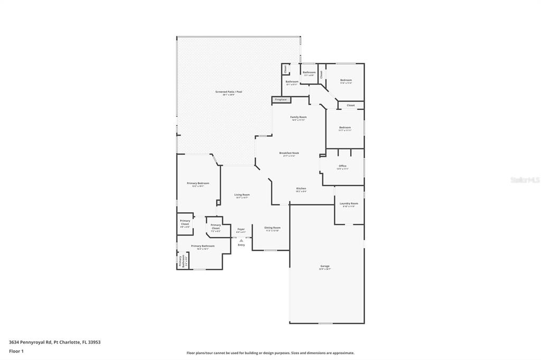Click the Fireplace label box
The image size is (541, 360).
click(x=281, y=99)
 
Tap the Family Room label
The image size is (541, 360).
click(x=299, y=117)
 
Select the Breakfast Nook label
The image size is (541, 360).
click(x=289, y=153)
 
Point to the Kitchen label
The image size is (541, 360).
click(x=301, y=189)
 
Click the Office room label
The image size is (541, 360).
click(x=342, y=166)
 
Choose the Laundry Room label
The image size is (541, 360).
click(x=349, y=204)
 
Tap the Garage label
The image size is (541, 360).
click(x=325, y=266)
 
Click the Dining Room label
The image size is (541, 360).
click(x=272, y=228)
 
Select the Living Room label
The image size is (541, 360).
click(x=242, y=195)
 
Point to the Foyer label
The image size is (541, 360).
click(x=241, y=230)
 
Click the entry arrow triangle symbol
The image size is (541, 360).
click(x=241, y=240)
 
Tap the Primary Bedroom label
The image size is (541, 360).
click(x=198, y=184)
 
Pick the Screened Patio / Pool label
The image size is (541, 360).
click(x=228, y=92)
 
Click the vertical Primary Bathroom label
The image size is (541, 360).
click(x=180, y=261)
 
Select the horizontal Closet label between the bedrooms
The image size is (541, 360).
click(x=351, y=106)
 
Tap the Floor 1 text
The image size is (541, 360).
click(x=16, y=351)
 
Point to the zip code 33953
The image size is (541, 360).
click(x=94, y=342)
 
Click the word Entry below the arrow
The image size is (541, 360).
click(x=241, y=245)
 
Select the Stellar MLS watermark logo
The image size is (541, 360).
click(x=525, y=180)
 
